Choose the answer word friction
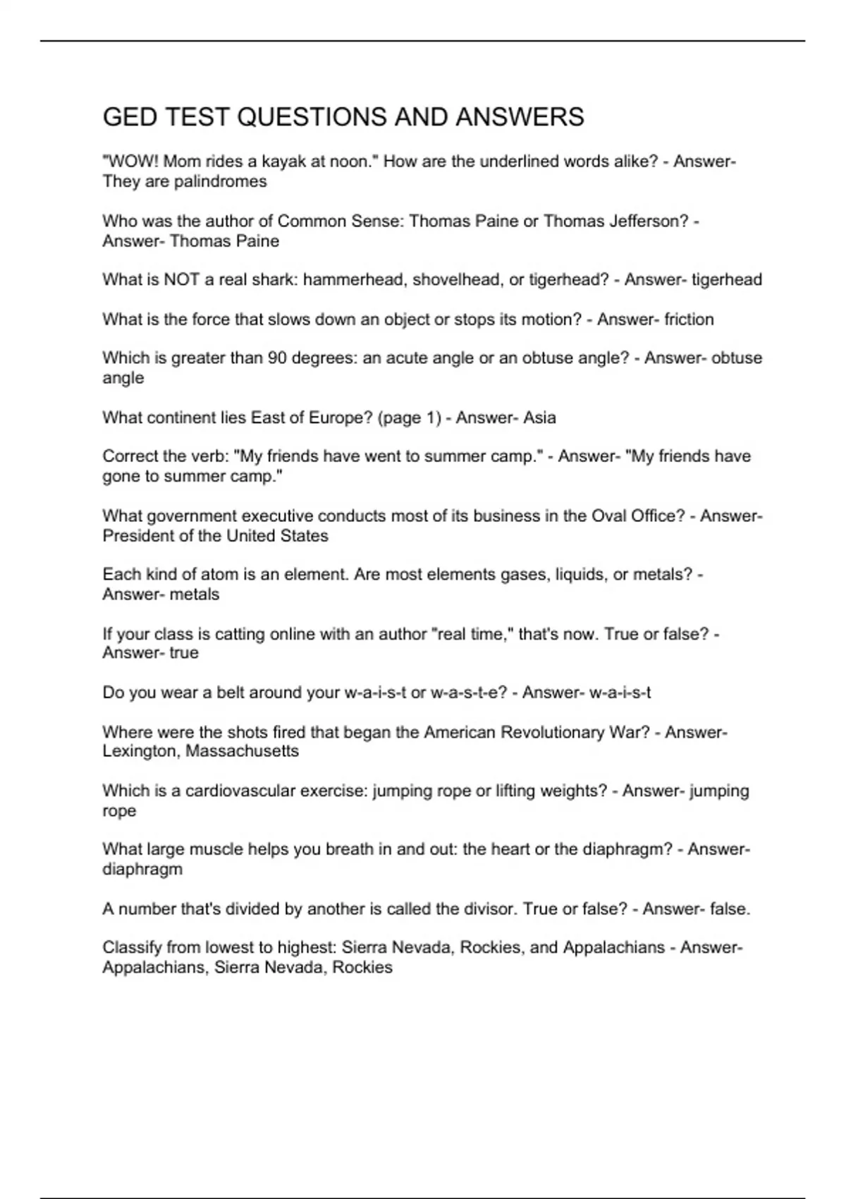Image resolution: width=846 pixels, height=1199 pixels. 689,319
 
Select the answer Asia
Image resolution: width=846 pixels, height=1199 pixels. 539,418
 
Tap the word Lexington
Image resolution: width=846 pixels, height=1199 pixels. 141,751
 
